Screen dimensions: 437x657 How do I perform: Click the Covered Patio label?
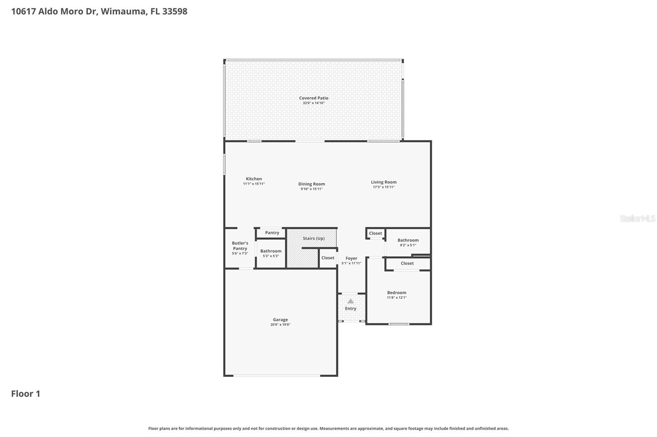313,98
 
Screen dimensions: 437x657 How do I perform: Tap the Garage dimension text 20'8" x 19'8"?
280,325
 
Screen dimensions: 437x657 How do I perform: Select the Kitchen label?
254,179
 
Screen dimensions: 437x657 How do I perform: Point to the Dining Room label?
311,184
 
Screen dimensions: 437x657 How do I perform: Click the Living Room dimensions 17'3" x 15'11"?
384,187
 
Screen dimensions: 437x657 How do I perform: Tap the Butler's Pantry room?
240,248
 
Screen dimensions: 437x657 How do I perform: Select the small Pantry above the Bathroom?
272,233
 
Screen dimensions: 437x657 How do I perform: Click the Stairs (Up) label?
314,238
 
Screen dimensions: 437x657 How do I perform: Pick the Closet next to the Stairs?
328,258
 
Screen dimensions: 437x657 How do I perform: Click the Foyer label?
351,258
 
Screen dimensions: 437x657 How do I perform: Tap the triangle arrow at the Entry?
351,301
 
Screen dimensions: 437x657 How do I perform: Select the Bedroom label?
396,293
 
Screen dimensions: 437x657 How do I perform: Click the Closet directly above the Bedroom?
407,263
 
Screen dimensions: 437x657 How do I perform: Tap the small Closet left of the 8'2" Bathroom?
375,233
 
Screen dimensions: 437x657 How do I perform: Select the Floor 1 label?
25,394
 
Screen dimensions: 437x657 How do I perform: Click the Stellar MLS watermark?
637,218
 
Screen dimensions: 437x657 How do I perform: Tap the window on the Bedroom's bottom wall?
399,324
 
